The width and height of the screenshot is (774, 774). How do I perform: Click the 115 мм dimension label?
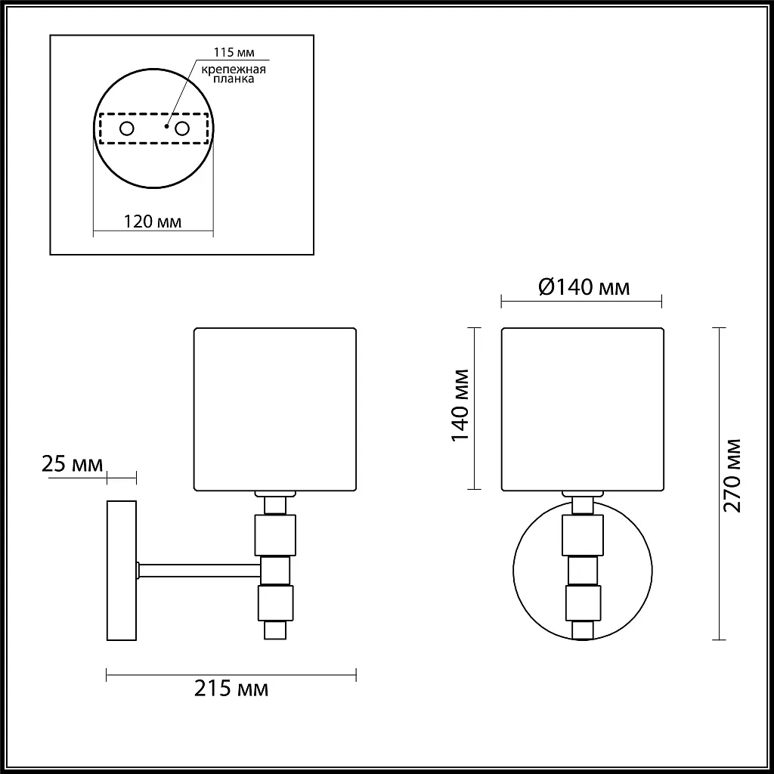[234, 52]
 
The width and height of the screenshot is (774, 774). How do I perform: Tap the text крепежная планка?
[234, 74]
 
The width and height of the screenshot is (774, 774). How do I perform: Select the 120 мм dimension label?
[153, 221]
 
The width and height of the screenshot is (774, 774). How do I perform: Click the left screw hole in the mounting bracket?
[127, 128]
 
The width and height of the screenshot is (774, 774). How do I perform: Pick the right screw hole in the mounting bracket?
[182, 128]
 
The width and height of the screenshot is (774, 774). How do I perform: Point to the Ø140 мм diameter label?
[584, 286]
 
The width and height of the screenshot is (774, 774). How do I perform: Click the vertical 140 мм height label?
[460, 405]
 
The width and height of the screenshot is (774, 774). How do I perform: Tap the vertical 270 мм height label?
[732, 475]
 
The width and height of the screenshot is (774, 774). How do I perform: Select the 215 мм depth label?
[231, 688]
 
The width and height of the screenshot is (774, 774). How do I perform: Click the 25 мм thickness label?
[72, 464]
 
